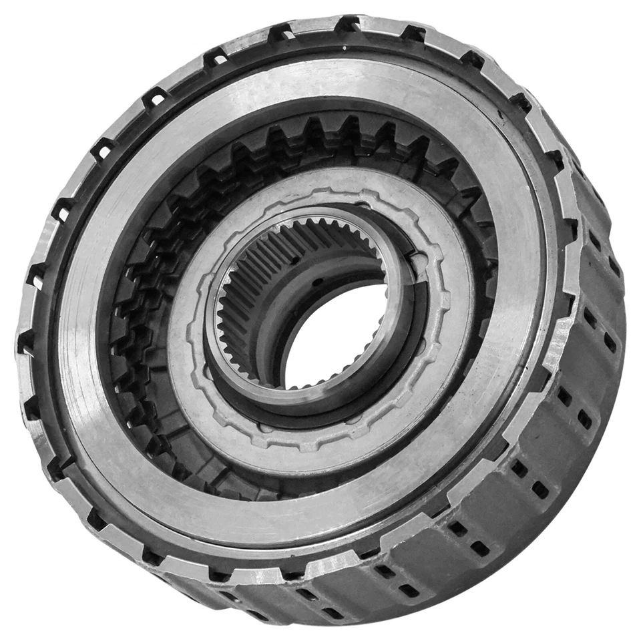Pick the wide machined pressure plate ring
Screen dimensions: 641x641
point(521,267)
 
